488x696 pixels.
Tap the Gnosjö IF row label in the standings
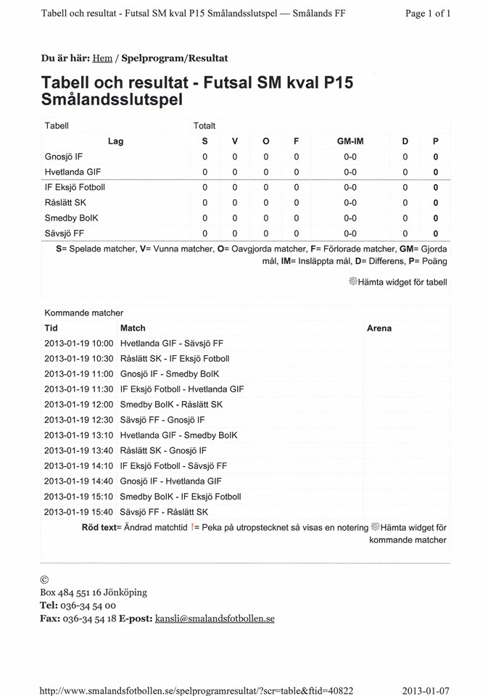[64, 157]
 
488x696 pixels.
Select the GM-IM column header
[350, 141]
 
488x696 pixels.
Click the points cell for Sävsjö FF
[435, 233]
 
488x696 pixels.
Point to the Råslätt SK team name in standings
[65, 203]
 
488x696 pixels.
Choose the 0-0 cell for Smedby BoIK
[350, 218]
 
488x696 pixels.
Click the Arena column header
[379, 328]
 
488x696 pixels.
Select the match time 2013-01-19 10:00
[79, 344]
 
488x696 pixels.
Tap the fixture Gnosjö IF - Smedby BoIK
[170, 374]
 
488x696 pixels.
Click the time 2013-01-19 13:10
[79, 436]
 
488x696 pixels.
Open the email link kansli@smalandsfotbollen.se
[215, 619]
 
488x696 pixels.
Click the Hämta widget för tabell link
[402, 282]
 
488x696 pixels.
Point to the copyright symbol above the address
[44, 580]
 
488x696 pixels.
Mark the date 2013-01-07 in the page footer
[426, 690]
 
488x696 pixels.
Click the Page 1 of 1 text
[428, 13]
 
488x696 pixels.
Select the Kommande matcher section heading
[83, 313]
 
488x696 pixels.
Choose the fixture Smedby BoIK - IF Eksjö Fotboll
[181, 497]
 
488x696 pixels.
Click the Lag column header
[115, 141]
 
